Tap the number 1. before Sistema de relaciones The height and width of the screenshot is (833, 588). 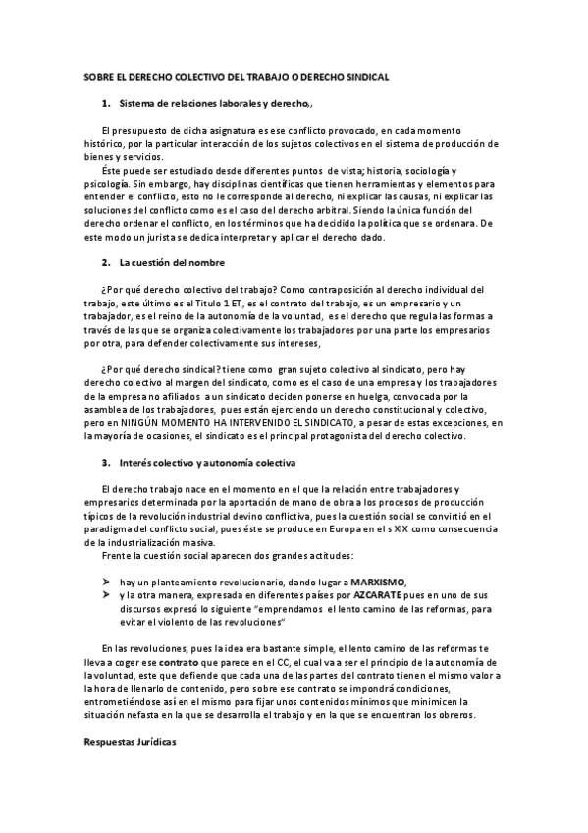point(106,103)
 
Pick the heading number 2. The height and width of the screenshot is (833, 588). point(106,263)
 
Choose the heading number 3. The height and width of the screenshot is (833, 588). point(106,461)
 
